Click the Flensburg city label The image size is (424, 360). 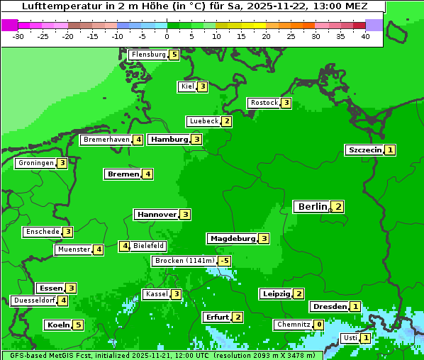tap(148, 55)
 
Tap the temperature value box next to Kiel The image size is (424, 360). tap(203, 86)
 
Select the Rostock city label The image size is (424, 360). tap(264, 103)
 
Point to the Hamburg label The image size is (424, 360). tap(169, 140)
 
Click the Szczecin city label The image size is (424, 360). tap(364, 150)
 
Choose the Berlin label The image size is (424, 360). tap(311, 207)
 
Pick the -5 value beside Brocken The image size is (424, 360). tap(224, 261)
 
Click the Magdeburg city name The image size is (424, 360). tap(232, 239)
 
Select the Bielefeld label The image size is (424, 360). tap(149, 246)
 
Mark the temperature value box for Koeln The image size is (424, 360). tap(78, 325)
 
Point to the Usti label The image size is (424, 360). tap(350, 338)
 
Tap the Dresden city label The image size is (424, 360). tap(329, 307)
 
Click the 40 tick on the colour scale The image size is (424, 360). tap(365, 36)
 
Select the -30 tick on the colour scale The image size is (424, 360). tap(19, 36)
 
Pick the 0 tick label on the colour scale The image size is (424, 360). tap(167, 36)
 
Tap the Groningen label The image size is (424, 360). tap(35, 163)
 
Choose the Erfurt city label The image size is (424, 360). tap(217, 317)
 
